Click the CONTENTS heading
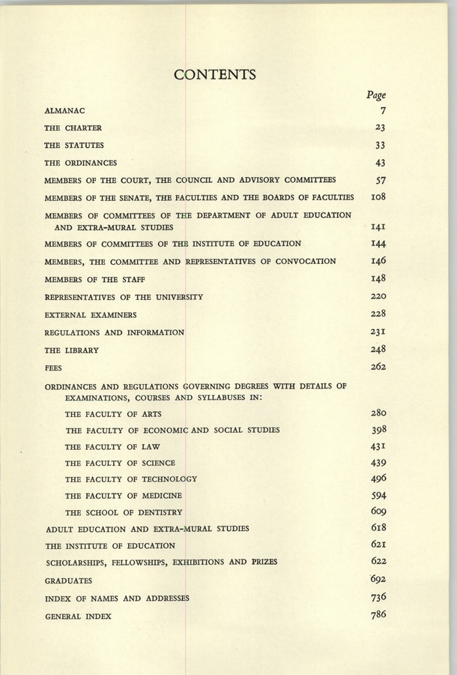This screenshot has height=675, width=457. pos(215,74)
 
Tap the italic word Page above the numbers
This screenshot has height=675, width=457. pos(376,95)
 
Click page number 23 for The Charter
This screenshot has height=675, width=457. pos(380,127)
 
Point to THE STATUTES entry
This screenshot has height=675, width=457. pos(74,145)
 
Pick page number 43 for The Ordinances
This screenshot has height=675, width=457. pos(380,162)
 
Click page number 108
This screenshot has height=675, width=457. pos(378,196)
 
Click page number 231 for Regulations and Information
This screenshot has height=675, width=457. pos(378,331)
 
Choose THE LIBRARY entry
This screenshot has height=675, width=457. pos(71,349)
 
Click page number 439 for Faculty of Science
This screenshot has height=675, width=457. pos(378,463)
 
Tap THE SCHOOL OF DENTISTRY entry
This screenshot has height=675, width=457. pos(124,512)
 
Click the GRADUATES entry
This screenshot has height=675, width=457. pos(69,580)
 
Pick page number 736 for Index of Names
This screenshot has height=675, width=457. pos(378,597)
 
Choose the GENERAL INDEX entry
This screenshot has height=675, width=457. pos(78,616)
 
